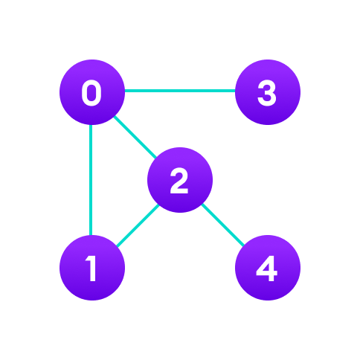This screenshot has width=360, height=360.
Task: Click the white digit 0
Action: pos(91,94)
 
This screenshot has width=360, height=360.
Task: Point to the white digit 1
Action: pos(91,269)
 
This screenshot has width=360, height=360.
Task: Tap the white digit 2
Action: pos(179,181)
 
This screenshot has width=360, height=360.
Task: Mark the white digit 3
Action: pos(267,94)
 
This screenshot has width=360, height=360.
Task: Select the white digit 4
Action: pos(267,269)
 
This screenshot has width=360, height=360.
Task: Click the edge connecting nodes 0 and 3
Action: pos(179,91)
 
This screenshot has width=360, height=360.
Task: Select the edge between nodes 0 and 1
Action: pos(91,180)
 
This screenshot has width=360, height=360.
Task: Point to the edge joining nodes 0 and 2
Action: pos(135,136)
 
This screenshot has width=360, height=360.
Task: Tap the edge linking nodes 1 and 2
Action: pos(137,223)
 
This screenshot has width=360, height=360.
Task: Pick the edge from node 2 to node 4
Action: pos(222,224)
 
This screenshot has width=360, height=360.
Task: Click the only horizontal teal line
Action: pos(179,91)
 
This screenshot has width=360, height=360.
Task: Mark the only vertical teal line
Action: pos(91,180)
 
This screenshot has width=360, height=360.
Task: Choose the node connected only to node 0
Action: pos(268,92)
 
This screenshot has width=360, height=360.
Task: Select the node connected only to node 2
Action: pos(268,268)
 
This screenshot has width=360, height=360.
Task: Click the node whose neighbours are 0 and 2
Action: pos(92,268)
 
